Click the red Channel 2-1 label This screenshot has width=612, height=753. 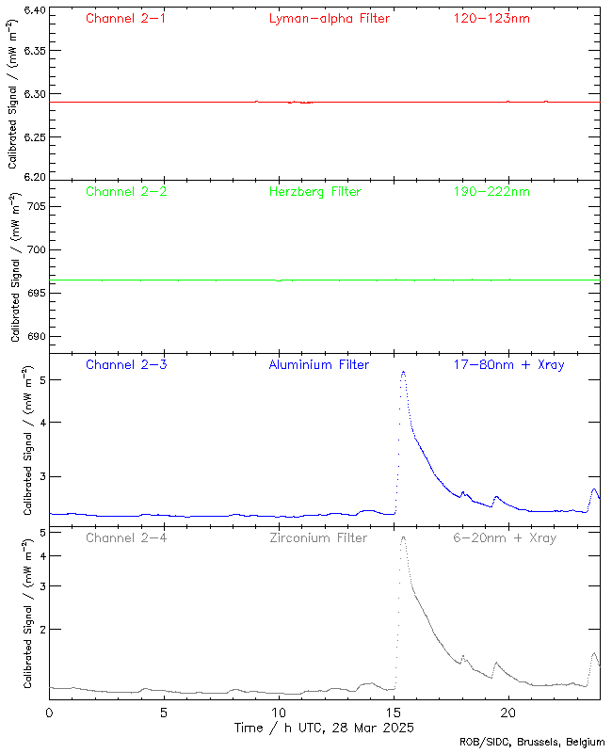tap(126, 18)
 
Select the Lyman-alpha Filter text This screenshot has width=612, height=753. tap(329, 18)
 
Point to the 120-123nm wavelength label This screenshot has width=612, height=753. tap(491, 18)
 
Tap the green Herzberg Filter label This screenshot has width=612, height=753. tap(315, 191)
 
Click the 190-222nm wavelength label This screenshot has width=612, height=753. tap(491, 191)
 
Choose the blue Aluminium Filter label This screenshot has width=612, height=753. tap(319, 364)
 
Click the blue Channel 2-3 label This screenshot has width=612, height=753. tap(126, 364)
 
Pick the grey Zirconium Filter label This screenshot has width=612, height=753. tap(318, 537)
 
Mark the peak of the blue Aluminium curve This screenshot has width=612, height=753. tap(403, 372)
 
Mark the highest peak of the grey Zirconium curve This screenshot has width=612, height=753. tap(403, 537)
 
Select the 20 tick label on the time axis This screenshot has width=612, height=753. tap(508, 713)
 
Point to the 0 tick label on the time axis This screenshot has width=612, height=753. tap(49, 713)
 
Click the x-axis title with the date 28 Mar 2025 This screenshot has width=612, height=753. tap(324, 728)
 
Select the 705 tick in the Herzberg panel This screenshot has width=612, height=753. tap(36, 206)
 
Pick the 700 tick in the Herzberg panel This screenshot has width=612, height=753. tap(36, 249)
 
